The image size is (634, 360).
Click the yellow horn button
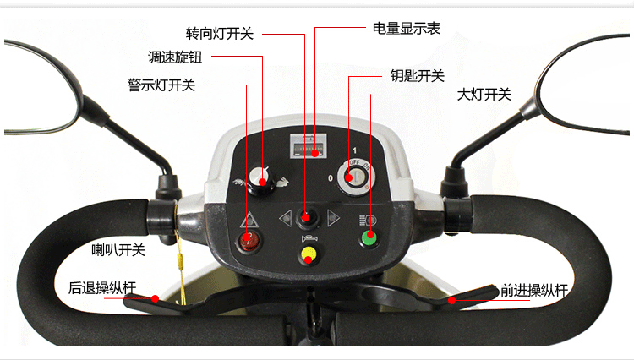click(x=309, y=254)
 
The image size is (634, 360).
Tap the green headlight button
click(x=369, y=238)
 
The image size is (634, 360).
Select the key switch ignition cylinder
click(x=355, y=177)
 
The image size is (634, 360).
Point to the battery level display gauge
click(x=308, y=147)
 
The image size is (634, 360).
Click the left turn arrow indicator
click(x=286, y=218)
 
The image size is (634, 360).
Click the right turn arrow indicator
click(x=333, y=218)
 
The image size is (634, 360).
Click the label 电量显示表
click(x=407, y=28)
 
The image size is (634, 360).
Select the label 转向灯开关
click(x=220, y=34)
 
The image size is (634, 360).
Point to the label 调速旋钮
click(x=175, y=57)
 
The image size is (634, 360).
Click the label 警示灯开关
click(x=161, y=85)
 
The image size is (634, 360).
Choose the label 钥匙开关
click(x=418, y=75)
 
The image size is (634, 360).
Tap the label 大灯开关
click(x=484, y=95)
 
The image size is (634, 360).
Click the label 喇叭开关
click(x=118, y=250)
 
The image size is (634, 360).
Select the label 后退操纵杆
click(x=102, y=288)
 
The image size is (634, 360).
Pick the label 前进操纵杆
click(x=534, y=291)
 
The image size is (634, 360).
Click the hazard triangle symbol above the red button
click(x=249, y=221)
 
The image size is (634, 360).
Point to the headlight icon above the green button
click(x=368, y=221)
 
